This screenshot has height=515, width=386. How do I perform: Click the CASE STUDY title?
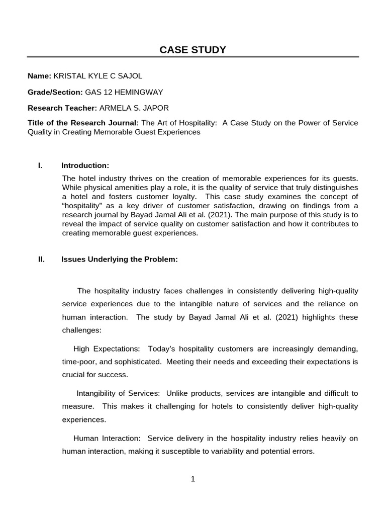pos(192,49)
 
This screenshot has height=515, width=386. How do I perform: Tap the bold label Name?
pos(39,76)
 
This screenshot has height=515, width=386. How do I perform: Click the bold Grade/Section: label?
pos(55,92)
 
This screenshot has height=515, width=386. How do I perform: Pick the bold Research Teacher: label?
pos(62,108)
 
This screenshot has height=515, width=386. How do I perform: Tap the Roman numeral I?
pos(40,165)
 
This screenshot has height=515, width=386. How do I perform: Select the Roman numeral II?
pos(41,260)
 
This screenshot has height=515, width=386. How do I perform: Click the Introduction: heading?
pos(85,165)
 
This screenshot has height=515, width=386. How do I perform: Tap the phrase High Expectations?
pos(107,349)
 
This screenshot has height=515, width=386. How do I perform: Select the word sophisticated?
pos(137,362)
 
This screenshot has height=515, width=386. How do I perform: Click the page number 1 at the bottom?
pos(192,479)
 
